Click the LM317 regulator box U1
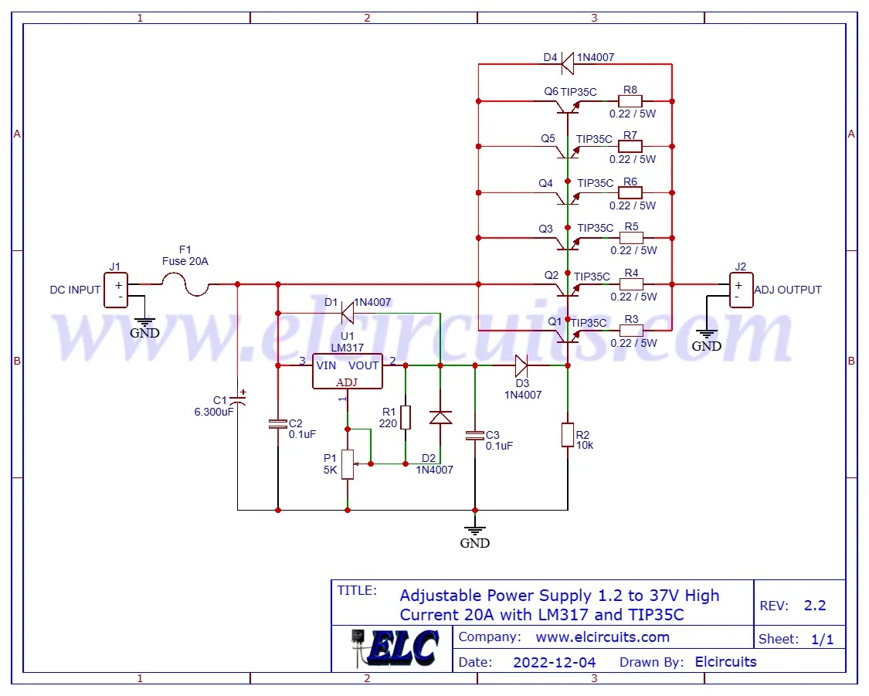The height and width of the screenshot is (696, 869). [x=348, y=371]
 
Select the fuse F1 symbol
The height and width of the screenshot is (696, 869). [x=185, y=287]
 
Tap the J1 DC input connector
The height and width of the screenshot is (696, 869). [x=116, y=290]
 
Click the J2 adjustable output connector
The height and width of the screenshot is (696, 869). [x=741, y=290]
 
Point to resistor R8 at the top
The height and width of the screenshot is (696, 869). [x=630, y=101]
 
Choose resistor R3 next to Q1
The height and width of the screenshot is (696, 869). [x=630, y=331]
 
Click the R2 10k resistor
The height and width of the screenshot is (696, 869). [x=568, y=434]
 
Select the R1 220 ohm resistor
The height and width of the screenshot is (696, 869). [x=405, y=417]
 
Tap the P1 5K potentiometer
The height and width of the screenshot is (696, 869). [x=348, y=463]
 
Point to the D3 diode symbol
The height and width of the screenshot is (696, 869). [x=521, y=365]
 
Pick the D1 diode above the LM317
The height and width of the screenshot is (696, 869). [x=348, y=312]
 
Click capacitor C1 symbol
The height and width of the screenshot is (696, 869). [x=238, y=400]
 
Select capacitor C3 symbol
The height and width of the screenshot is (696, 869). [x=475, y=436]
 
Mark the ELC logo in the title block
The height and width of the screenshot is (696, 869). [x=393, y=647]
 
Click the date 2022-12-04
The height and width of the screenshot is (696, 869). [x=555, y=662]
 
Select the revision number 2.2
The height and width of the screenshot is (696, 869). [x=815, y=606]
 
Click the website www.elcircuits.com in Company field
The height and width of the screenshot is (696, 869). [x=603, y=637]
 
